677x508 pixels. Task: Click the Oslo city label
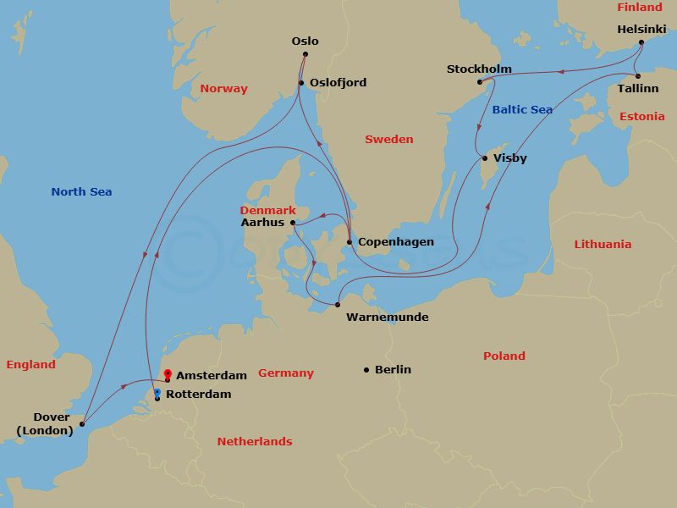click(305, 41)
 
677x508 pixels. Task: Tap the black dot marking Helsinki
click(641, 42)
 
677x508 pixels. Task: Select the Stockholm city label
click(479, 69)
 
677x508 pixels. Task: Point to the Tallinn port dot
click(637, 76)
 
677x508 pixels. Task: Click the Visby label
click(509, 158)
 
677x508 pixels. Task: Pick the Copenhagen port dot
click(349, 242)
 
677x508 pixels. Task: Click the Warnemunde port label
click(387, 317)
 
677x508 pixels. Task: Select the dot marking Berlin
click(366, 369)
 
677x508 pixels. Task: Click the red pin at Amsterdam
click(168, 373)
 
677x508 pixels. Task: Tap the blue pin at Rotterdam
click(157, 393)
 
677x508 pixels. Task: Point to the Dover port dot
click(82, 424)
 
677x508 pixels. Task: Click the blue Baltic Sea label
click(522, 110)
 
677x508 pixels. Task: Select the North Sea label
click(81, 192)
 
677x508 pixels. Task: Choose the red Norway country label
click(224, 89)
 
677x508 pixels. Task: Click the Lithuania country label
click(603, 245)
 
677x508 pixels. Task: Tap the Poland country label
click(504, 356)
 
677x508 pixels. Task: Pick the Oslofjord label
click(338, 83)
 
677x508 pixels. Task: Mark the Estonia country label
click(641, 117)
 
